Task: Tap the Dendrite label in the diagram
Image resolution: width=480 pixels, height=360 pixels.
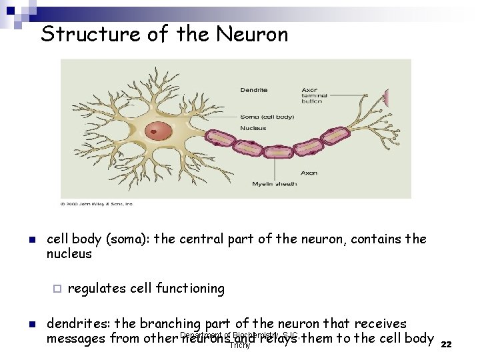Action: pyautogui.click(x=254, y=89)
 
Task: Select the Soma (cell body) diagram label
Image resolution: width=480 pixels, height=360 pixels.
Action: pyautogui.click(x=267, y=117)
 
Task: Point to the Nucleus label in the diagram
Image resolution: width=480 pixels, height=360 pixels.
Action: pyautogui.click(x=253, y=128)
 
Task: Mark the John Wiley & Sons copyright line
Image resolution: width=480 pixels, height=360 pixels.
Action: pyautogui.click(x=97, y=204)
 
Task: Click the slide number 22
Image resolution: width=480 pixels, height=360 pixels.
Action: pyautogui.click(x=447, y=344)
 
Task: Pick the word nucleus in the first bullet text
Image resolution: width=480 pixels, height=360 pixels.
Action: pyautogui.click(x=69, y=254)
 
